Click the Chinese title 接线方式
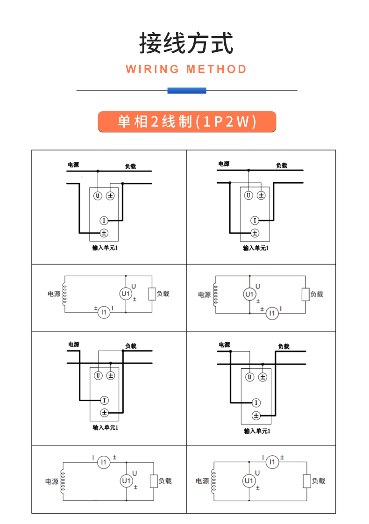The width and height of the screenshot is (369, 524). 186,43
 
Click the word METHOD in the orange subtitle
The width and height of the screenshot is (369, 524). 216,70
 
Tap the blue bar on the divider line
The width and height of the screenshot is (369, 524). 186,91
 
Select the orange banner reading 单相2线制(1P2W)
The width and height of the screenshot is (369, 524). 186,122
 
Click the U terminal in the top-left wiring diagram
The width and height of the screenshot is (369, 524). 98,196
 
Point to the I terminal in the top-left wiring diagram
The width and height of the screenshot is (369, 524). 104,220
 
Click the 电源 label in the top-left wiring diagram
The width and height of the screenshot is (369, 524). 73,165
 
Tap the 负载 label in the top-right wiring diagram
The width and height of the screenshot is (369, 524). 281,165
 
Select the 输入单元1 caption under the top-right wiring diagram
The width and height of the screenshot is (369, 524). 255,248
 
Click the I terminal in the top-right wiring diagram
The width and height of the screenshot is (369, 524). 255,220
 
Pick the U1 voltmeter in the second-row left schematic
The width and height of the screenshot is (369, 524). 126,294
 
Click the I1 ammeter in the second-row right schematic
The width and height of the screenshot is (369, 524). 272,313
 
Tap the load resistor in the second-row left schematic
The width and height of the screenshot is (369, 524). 152,294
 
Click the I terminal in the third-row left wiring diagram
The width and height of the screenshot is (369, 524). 104,400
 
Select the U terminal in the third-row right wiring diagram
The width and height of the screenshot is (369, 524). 250,377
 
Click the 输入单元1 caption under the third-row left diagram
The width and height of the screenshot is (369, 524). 105,427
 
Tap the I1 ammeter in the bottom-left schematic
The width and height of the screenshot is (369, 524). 104,462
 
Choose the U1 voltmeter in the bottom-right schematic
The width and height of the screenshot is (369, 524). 249,481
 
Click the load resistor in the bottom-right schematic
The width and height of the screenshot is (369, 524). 306,481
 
